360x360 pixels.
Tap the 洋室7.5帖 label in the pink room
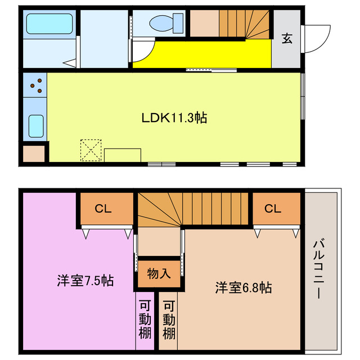[x=85, y=280]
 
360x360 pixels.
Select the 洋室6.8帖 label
[x=243, y=287]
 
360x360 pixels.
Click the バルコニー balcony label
[x=318, y=269]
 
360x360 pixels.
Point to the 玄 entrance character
[x=287, y=38]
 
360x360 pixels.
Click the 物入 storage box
[x=159, y=274]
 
